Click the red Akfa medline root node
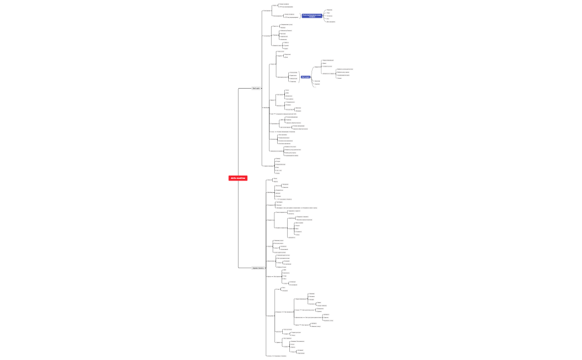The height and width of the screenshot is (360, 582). (238, 178)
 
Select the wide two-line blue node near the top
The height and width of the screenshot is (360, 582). (312, 16)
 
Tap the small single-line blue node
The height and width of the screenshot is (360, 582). (305, 77)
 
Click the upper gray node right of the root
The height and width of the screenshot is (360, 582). (256, 88)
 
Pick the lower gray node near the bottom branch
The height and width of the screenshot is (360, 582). (258, 268)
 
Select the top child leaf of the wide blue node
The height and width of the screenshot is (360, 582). (329, 9)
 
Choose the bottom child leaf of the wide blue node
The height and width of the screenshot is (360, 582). (331, 22)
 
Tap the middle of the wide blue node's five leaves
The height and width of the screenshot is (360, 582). (330, 16)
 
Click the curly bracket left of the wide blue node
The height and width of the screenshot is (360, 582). (300, 16)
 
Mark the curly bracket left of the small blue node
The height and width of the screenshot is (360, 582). (299, 77)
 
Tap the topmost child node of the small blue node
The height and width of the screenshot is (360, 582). (328, 60)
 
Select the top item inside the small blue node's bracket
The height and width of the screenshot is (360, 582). (293, 73)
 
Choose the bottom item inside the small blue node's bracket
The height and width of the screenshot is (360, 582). (293, 81)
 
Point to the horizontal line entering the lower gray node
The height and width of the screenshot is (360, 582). (245, 268)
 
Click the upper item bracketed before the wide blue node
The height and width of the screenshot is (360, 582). (289, 14)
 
